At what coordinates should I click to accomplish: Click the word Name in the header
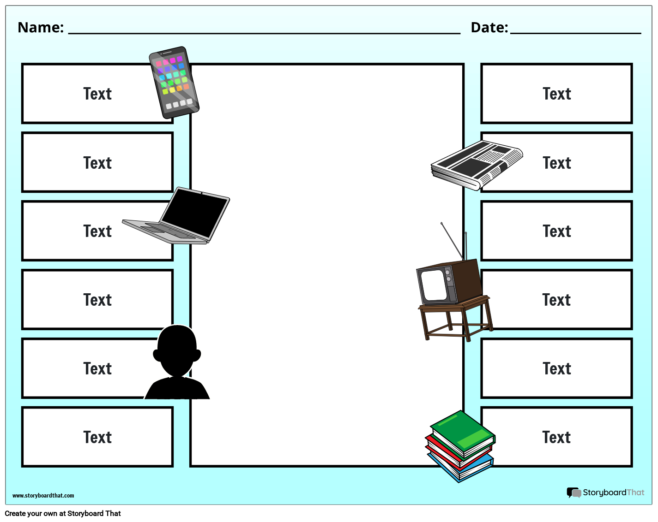coord(40,28)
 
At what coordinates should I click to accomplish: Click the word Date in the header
coord(489,28)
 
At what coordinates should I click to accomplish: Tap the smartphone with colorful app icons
coord(174,82)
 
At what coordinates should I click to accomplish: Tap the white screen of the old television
coord(433,285)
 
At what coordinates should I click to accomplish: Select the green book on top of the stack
coord(462,432)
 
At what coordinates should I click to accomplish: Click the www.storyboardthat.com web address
coord(43,496)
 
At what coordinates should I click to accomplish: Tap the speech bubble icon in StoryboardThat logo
coord(573,492)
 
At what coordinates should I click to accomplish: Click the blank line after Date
coord(575,32)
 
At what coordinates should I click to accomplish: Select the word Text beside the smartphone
coord(97,94)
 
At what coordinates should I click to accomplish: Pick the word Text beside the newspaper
coord(557,163)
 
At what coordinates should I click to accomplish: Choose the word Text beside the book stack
coord(556,437)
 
